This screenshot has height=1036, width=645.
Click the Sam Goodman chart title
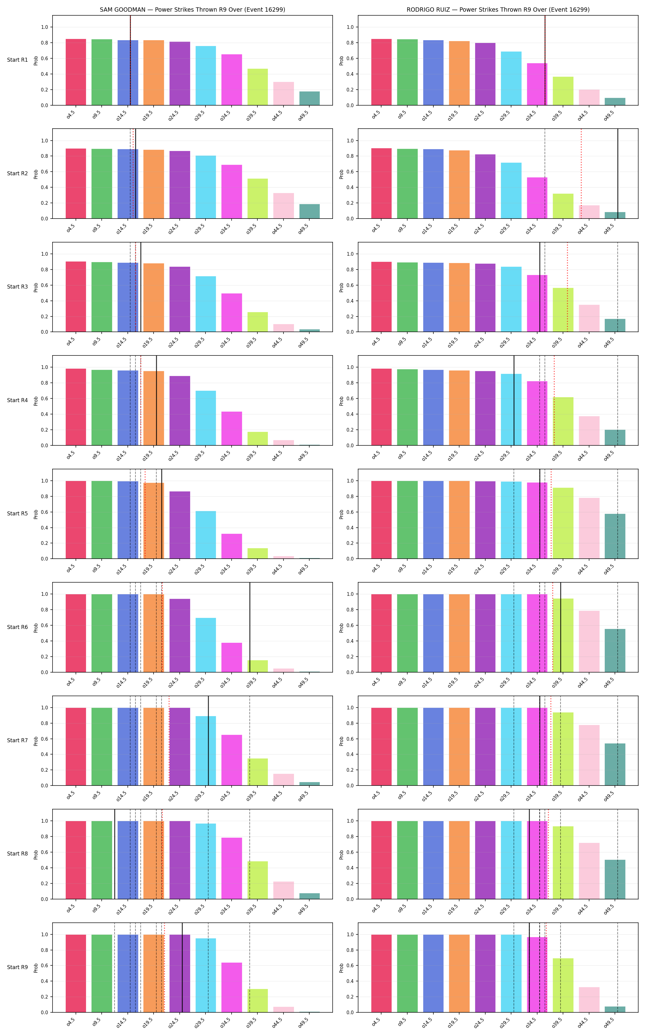pos(192,10)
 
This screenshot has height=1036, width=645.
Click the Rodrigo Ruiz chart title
pos(498,10)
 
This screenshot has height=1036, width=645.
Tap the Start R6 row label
pos(18,627)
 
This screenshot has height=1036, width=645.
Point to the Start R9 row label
pos(18,967)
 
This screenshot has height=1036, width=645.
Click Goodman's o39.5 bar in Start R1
pos(258,87)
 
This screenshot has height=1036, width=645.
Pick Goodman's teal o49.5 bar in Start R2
pos(309,211)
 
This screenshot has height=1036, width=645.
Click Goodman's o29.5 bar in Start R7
pos(205,751)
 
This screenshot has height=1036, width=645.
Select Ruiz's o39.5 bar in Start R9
pos(563,985)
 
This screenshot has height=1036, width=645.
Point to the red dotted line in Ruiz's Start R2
pos(581,173)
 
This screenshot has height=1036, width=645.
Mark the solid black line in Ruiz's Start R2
pos(618,173)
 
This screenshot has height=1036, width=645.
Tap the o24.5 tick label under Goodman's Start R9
pos(174,1022)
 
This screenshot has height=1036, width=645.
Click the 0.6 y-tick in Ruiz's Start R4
pos(350,399)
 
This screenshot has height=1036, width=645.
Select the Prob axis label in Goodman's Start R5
pos(36,514)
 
